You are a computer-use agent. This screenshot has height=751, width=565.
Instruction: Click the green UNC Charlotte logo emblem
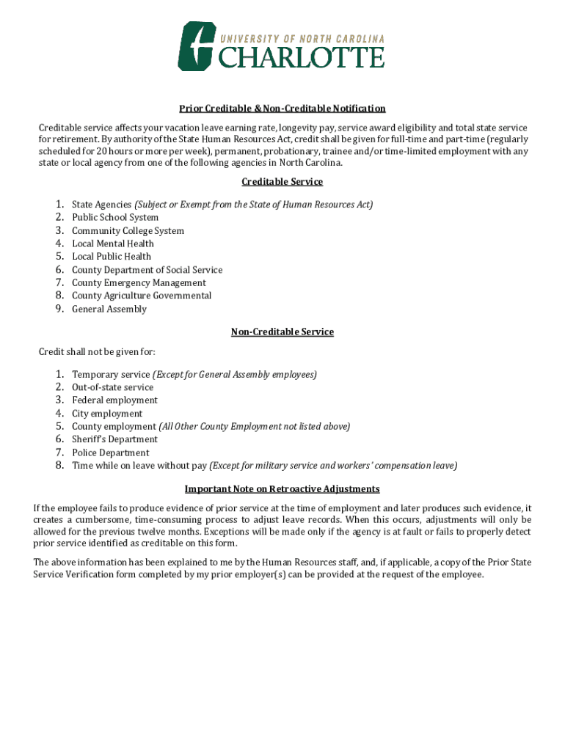(197, 45)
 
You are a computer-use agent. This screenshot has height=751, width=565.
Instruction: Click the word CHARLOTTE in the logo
(302, 57)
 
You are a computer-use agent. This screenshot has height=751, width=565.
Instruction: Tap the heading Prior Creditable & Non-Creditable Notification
(282, 109)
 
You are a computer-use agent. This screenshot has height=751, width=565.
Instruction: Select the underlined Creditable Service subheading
(282, 182)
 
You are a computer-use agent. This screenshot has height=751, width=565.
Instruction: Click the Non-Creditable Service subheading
(282, 332)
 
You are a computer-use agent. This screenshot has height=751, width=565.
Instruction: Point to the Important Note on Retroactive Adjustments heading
(282, 489)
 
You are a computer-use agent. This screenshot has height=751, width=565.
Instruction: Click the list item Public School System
(115, 218)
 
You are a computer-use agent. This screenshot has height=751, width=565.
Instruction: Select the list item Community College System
(128, 231)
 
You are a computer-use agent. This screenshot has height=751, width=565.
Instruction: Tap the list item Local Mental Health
(113, 243)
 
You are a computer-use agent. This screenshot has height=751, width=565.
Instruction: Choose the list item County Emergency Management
(139, 283)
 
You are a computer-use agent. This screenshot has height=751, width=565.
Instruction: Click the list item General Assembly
(109, 309)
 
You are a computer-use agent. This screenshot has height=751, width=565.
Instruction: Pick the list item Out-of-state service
(112, 387)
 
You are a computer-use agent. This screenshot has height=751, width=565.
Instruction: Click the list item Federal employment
(114, 400)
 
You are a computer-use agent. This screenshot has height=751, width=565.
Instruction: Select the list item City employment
(107, 414)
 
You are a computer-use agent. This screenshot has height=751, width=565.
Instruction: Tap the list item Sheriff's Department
(114, 439)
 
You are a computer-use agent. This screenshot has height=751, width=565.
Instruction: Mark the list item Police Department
(110, 453)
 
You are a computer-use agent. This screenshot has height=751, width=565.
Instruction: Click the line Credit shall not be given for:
(97, 352)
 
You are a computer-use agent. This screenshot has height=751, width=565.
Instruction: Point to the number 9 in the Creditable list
(59, 309)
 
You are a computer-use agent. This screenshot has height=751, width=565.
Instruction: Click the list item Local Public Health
(112, 257)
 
